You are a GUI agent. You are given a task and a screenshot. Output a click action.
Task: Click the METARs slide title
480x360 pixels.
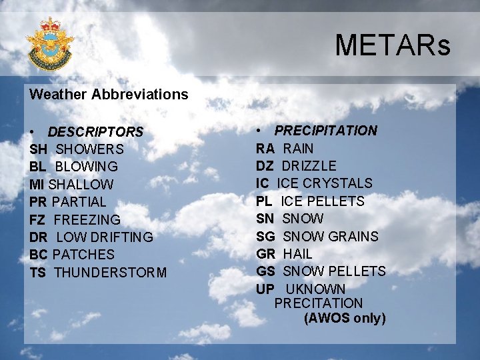[392, 45]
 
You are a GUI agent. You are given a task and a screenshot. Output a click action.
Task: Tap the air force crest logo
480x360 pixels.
[50, 43]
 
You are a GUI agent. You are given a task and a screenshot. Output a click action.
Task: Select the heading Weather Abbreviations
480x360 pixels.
[109, 94]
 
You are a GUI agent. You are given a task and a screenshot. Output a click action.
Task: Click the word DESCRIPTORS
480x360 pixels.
[95, 132]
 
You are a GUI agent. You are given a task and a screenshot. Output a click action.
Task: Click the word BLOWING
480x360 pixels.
[87, 167]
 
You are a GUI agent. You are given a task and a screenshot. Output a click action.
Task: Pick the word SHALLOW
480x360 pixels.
[81, 185]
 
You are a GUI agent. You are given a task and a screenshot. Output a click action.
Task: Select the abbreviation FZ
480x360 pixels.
[38, 219]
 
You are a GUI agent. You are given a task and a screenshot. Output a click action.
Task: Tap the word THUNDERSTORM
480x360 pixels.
[110, 272]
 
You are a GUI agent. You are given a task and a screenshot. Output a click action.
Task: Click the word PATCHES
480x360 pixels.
[83, 255]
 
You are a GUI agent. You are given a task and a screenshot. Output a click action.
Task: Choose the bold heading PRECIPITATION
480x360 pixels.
[325, 131]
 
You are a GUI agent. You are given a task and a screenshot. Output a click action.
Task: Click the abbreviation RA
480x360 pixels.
[265, 148]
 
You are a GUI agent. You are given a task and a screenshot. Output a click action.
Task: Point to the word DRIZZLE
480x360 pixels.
[309, 165]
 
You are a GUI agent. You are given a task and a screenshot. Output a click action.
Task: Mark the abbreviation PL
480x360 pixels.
[265, 201]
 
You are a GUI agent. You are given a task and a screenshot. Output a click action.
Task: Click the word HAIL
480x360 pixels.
[297, 253]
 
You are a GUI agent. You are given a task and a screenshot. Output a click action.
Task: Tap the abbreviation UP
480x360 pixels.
[265, 289]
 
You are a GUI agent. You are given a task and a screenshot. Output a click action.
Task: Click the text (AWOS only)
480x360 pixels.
[345, 318]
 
